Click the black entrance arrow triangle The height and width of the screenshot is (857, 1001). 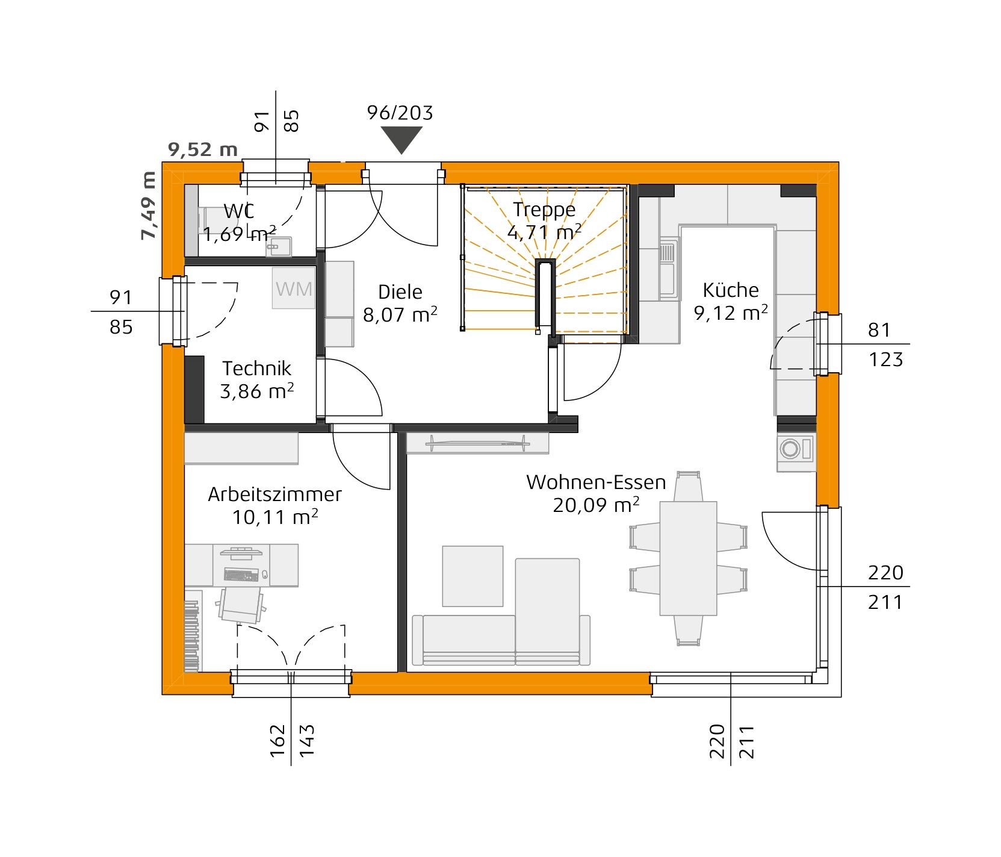point(401,140)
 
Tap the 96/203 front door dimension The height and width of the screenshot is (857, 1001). point(400,113)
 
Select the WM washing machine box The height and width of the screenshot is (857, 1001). point(294,289)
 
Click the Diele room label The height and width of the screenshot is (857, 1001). point(400,292)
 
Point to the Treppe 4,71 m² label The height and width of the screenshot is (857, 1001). point(544,220)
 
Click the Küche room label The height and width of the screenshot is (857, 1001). point(731,290)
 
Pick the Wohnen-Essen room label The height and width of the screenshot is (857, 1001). point(596,482)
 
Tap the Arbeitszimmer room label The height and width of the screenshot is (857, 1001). point(274,494)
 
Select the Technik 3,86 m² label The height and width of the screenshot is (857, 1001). point(257,379)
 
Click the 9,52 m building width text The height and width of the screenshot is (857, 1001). point(203,149)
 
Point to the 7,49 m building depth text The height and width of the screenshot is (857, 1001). point(149,205)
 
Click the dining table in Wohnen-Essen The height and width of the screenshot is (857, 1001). point(688,558)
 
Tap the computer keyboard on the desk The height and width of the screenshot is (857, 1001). point(241,575)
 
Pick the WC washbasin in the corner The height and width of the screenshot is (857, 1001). point(279,246)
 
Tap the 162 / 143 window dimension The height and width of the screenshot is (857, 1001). point(292,740)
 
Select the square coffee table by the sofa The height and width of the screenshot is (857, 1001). point(473,576)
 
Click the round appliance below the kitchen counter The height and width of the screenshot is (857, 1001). point(790,449)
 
